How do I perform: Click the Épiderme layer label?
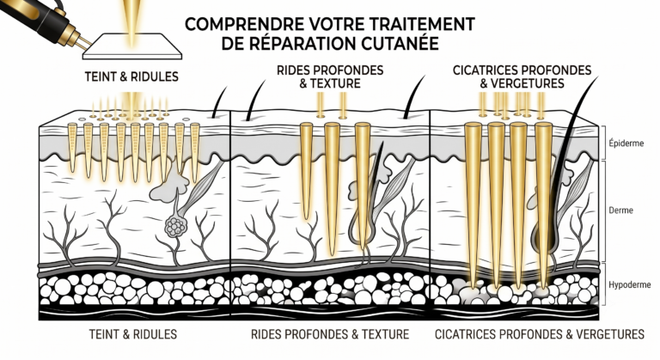tap(626, 143)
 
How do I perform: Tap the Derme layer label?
tap(620, 210)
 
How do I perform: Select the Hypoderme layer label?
tap(630, 285)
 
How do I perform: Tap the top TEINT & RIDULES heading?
tap(131, 76)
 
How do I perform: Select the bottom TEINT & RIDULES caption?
tap(133, 334)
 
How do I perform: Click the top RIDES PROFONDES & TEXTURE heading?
tap(330, 76)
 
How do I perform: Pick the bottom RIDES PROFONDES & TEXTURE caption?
tap(330, 334)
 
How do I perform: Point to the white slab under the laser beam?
tap(132, 46)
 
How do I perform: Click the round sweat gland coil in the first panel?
tap(174, 227)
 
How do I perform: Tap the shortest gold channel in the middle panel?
tap(307, 170)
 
